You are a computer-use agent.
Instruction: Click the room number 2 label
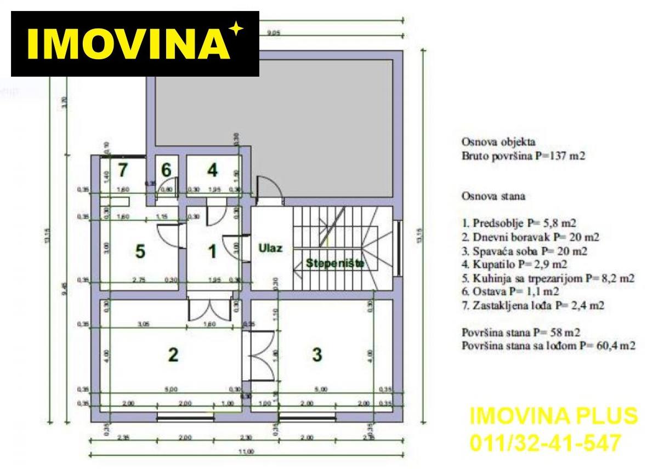pyautogui.click(x=173, y=354)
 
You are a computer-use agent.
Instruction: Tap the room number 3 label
pyautogui.click(x=316, y=354)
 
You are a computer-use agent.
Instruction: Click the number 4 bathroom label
pyautogui.click(x=212, y=170)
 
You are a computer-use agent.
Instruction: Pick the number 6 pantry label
pyautogui.click(x=166, y=170)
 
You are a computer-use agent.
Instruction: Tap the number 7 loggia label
pyautogui.click(x=123, y=170)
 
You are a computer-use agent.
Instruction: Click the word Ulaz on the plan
pyautogui.click(x=270, y=248)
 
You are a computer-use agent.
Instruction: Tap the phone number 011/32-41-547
pyautogui.click(x=546, y=441)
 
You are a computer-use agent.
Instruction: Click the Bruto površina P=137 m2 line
pyautogui.click(x=524, y=156)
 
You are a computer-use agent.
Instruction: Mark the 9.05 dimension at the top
pyautogui.click(x=273, y=32)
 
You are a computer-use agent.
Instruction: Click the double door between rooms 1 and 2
pyautogui.click(x=208, y=310)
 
